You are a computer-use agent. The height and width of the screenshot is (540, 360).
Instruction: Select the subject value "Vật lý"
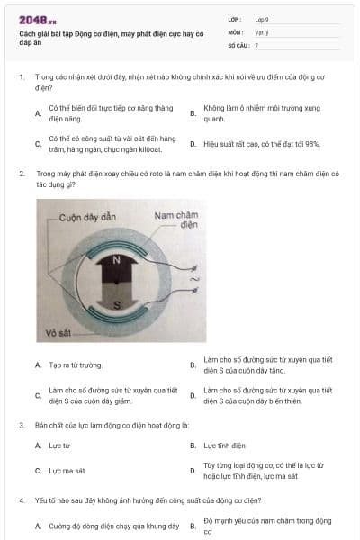pyautogui.click(x=261, y=31)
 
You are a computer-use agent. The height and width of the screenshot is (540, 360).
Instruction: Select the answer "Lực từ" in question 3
pyautogui.click(x=59, y=445)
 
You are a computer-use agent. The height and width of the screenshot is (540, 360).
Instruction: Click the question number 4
pyautogui.click(x=21, y=498)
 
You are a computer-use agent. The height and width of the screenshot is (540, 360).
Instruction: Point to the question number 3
pyautogui.click(x=21, y=423)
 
